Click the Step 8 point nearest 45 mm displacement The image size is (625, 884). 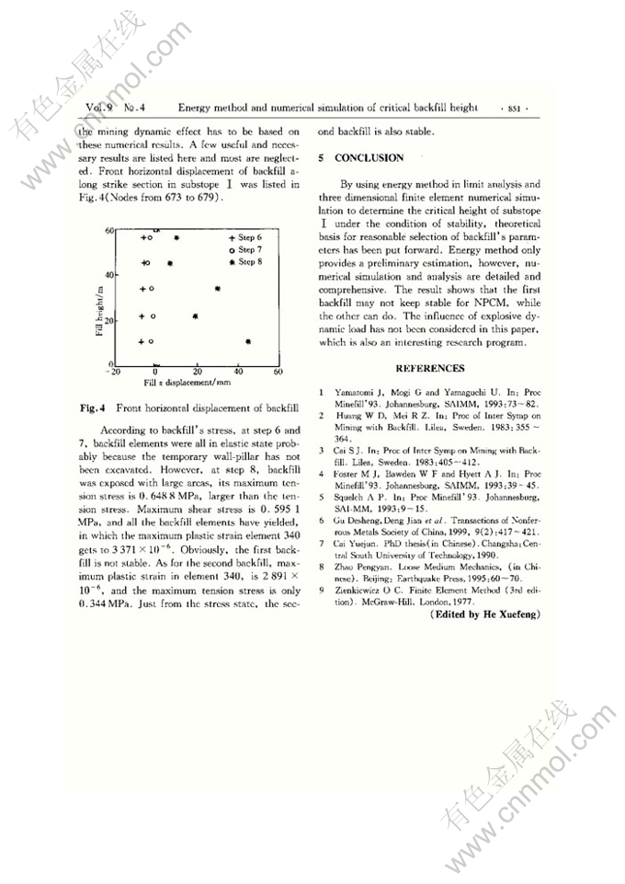[249, 342]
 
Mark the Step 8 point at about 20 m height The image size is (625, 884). [195, 316]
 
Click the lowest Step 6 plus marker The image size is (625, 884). [142, 342]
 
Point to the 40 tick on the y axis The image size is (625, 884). [108, 275]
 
